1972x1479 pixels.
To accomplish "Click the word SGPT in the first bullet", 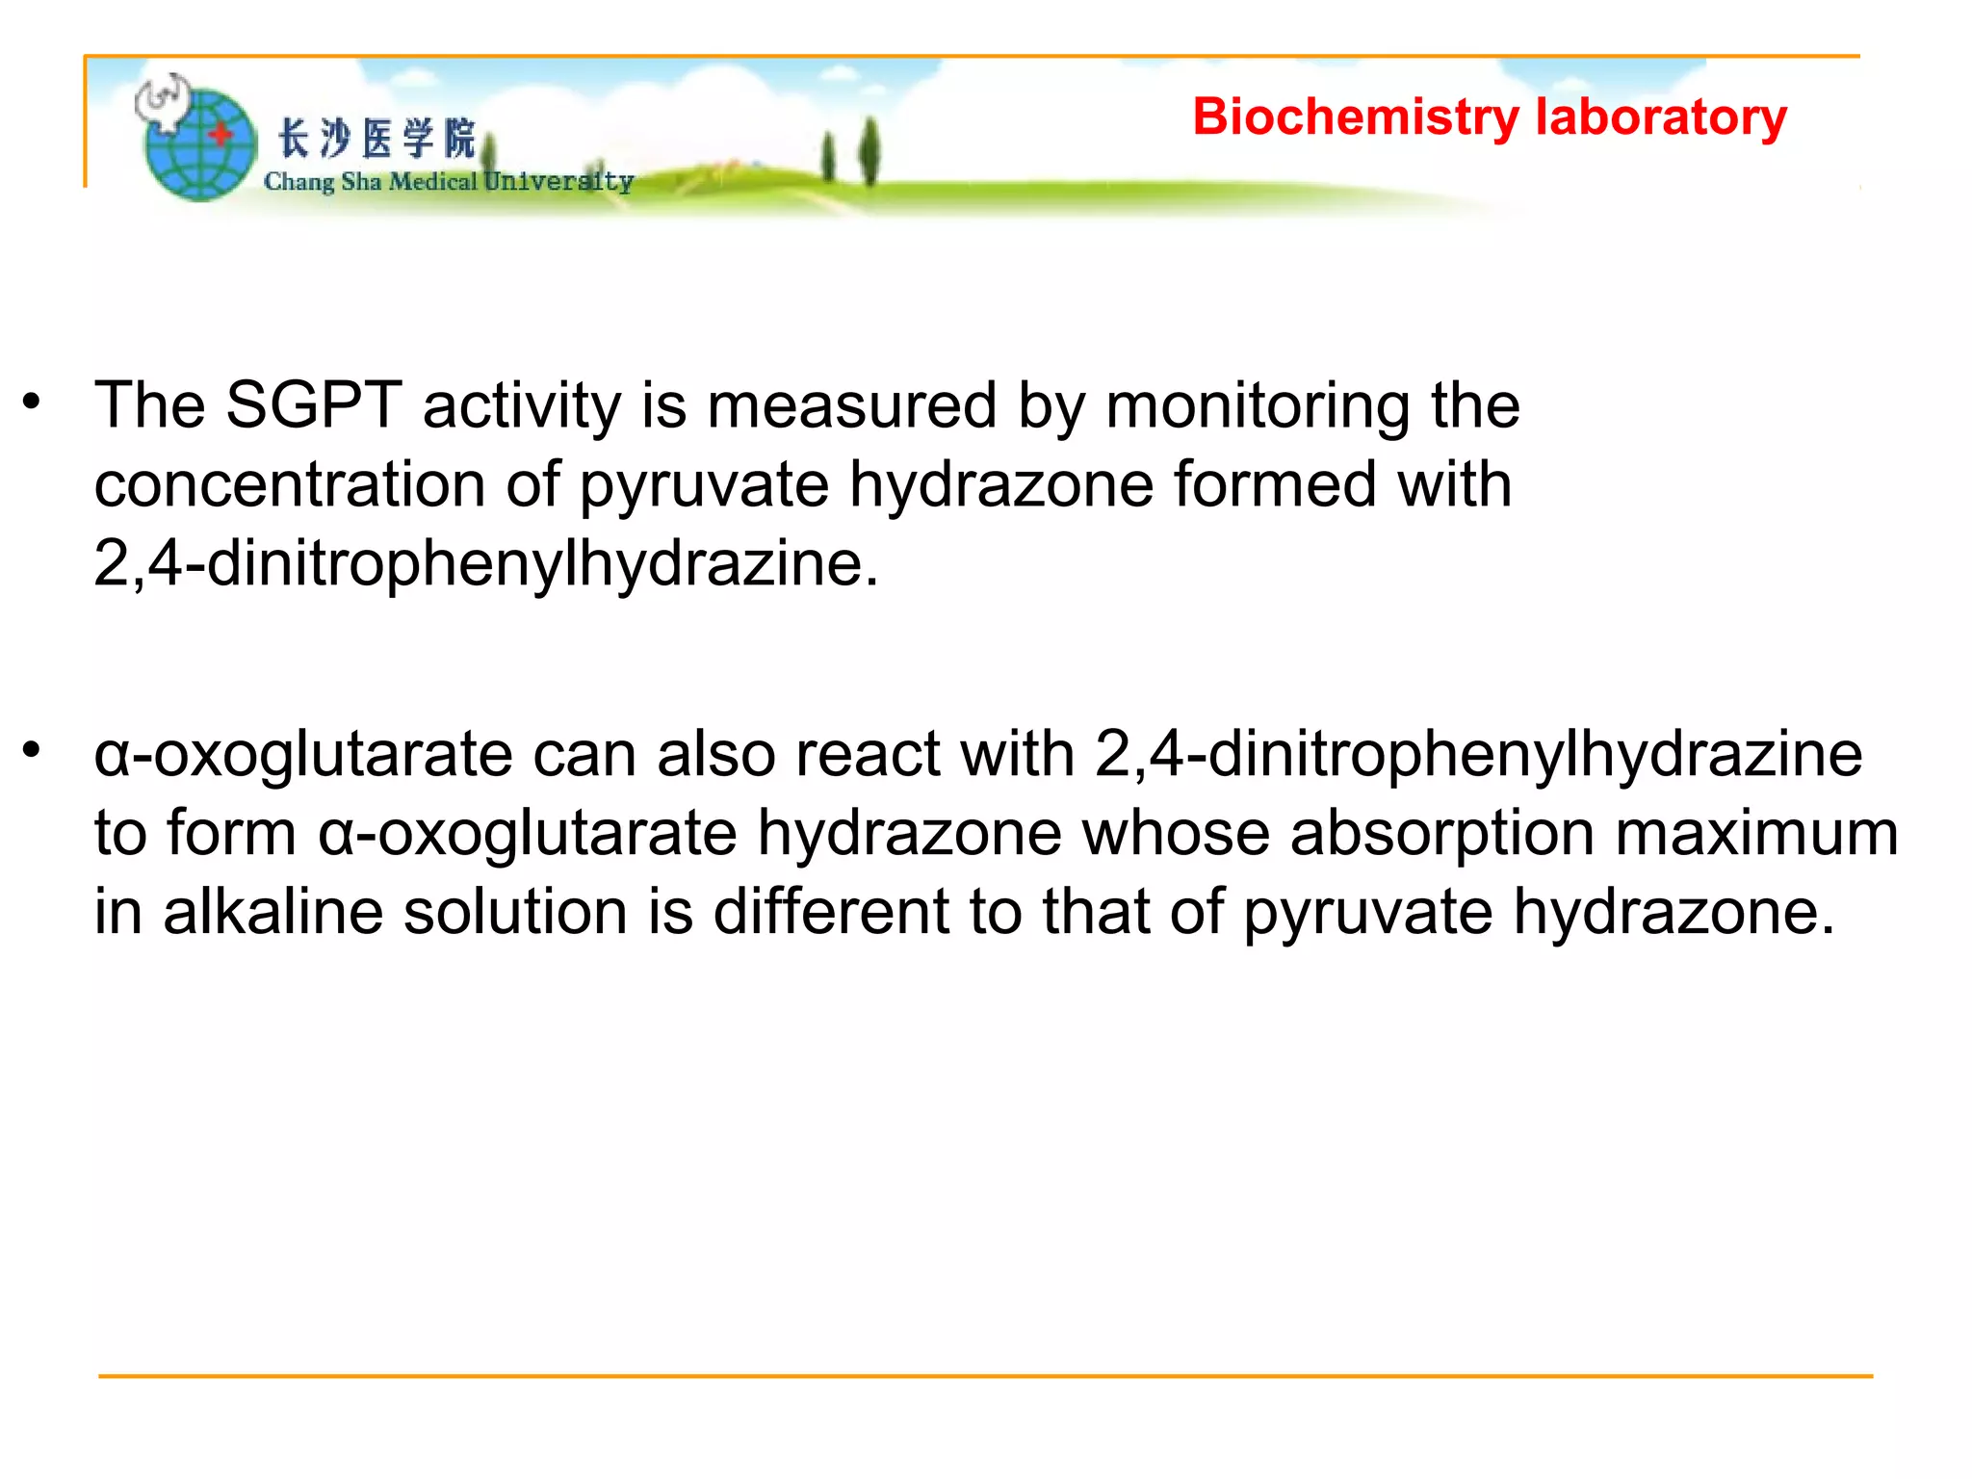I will (x=313, y=405).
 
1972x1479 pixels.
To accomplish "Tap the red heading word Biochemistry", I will (x=1355, y=117).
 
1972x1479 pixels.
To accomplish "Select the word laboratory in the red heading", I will (x=1661, y=117).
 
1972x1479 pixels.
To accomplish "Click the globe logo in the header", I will (x=200, y=144).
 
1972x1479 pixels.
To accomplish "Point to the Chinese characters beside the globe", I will (x=376, y=139).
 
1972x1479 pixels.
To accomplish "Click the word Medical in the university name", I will (x=432, y=182).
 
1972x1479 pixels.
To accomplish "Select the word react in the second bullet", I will (x=867, y=754).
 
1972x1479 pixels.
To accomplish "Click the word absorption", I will (x=1442, y=833).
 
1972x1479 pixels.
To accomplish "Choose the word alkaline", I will (x=273, y=912).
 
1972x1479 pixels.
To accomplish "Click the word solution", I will (x=515, y=912).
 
